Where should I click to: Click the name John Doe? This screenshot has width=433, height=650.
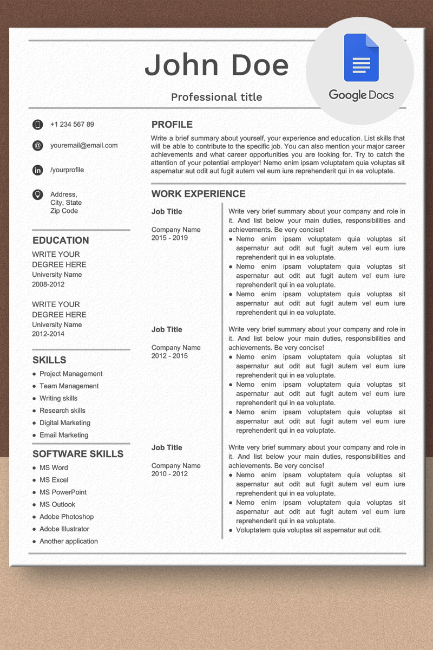[216, 66]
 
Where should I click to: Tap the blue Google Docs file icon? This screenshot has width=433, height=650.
[361, 57]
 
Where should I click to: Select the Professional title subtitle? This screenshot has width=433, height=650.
[216, 97]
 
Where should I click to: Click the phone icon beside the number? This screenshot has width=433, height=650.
[37, 125]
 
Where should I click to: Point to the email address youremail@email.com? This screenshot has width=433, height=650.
[84, 145]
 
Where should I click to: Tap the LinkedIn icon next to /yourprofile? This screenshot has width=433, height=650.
[37, 170]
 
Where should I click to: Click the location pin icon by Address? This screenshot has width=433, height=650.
[37, 194]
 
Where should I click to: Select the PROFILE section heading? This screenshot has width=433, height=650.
[172, 125]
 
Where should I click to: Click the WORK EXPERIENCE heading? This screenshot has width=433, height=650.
[198, 194]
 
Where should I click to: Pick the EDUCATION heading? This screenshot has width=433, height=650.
[61, 240]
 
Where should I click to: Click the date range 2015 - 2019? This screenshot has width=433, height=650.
[169, 238]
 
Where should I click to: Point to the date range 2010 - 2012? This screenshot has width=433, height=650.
[169, 474]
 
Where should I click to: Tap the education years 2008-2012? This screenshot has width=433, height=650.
[48, 284]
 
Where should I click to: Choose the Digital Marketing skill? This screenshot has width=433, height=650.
[65, 423]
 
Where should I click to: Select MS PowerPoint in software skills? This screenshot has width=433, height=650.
[63, 492]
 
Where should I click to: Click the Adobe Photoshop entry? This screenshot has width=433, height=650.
[67, 517]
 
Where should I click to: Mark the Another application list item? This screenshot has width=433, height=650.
[69, 541]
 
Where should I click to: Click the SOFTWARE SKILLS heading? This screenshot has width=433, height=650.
[78, 454]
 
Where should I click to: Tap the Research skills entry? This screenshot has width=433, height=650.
[62, 411]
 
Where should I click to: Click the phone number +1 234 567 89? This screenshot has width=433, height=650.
[72, 125]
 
